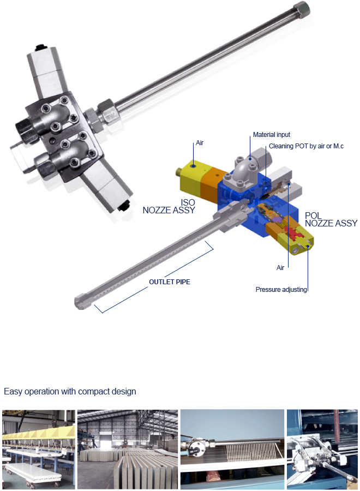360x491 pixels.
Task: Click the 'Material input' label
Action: [272, 135]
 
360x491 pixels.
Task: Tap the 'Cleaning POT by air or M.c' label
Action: [306, 146]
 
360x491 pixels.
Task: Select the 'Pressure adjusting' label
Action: [281, 289]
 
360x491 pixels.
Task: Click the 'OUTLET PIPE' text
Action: [169, 282]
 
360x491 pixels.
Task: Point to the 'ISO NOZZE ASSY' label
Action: [169, 206]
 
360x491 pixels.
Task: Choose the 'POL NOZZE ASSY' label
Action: [331, 219]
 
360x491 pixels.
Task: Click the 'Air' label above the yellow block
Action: [200, 143]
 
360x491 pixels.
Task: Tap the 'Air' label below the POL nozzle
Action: [280, 267]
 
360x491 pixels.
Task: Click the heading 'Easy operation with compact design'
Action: [70, 391]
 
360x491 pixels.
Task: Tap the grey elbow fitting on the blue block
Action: [243, 169]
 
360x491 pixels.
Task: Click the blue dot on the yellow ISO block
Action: [194, 166]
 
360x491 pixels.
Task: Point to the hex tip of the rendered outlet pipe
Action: [80, 302]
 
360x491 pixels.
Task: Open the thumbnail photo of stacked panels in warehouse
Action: [128, 450]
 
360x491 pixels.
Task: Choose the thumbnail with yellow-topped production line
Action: [39, 450]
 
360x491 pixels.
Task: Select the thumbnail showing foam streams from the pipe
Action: [232, 450]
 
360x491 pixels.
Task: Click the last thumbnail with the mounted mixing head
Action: [322, 450]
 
